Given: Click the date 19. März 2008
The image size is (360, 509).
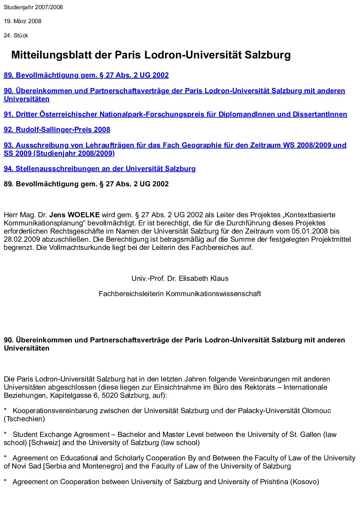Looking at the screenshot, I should click(22, 21).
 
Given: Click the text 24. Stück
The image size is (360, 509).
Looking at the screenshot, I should click(16, 35).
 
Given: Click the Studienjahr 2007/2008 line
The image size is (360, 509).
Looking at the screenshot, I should click(33, 7).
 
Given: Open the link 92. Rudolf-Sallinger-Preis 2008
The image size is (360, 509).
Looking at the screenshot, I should click(57, 130).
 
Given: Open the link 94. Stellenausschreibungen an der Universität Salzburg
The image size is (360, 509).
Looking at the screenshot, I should click(99, 169).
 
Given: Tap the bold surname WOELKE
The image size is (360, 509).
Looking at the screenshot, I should click(83, 215).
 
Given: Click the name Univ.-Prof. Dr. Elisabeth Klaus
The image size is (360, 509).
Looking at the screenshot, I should click(180, 278).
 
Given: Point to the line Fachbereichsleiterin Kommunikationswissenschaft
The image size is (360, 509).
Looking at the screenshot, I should click(180, 293).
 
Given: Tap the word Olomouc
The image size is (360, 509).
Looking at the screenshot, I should click(316, 411).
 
